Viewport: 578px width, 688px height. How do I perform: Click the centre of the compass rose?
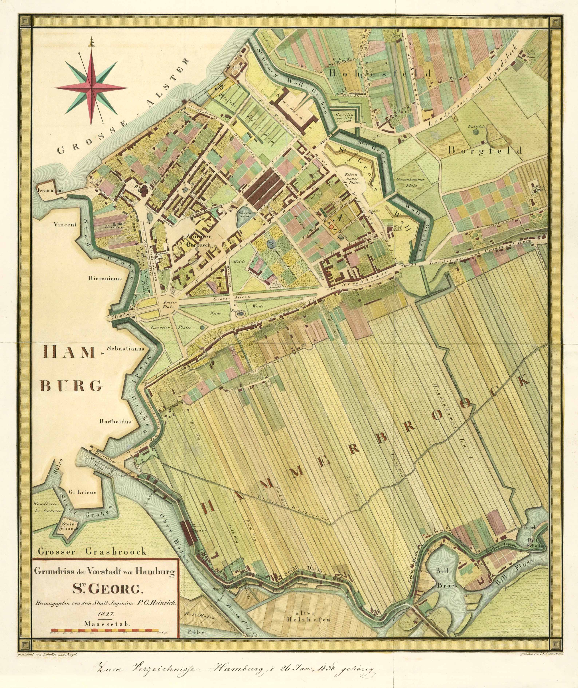91,88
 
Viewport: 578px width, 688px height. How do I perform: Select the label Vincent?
66,225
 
